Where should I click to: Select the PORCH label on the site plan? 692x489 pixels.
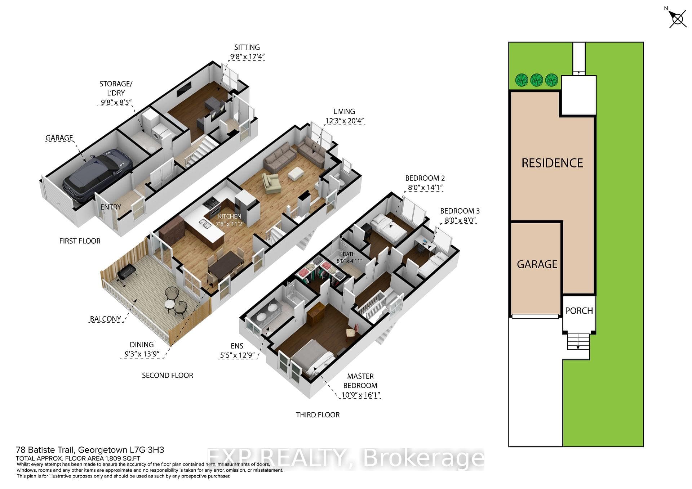coord(579,311)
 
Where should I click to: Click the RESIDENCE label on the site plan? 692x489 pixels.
coord(552,163)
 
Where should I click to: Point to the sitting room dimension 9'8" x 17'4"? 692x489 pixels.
coord(247,57)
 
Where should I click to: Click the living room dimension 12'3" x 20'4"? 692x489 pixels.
coord(344,121)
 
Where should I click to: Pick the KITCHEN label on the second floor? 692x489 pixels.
coord(230,216)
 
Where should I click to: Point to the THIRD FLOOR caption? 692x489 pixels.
coord(318,415)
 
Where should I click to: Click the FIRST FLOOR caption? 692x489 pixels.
coord(80,241)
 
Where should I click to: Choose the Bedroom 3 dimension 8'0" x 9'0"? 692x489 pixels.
coord(460,220)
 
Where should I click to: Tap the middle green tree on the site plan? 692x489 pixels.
coord(536,80)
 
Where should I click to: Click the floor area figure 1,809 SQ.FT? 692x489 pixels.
coord(122,458)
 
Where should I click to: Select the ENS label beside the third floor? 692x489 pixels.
coord(237,346)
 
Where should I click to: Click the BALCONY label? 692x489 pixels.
coord(106,319)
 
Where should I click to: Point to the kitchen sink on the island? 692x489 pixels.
coord(206,225)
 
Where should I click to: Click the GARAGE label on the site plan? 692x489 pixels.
coord(537,264)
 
